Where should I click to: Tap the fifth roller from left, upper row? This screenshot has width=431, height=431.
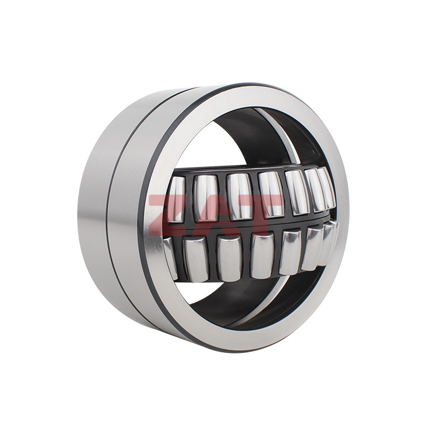click(297, 192)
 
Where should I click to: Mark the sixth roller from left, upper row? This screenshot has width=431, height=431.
click(315, 189)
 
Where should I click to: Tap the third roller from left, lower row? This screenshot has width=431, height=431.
click(230, 259)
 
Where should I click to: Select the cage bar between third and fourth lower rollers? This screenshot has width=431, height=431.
click(246, 259)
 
